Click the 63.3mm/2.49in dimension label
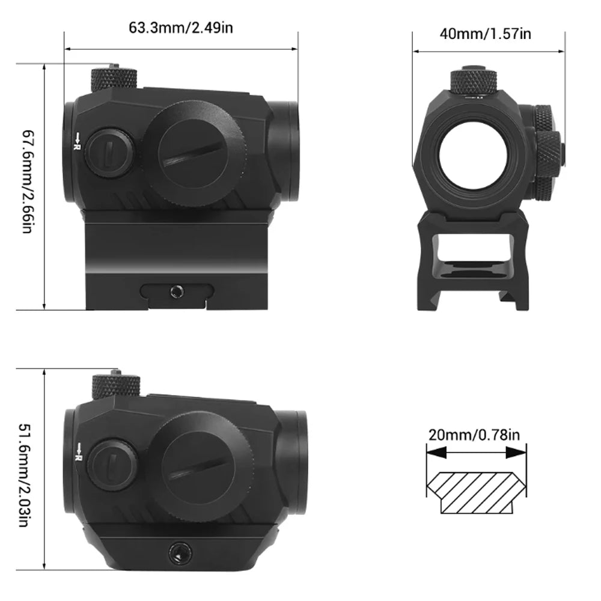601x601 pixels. pyautogui.click(x=180, y=28)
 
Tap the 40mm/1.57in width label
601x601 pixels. pyautogui.click(x=486, y=34)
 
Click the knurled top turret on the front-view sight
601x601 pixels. pyautogui.click(x=475, y=79)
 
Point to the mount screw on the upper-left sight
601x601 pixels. pyautogui.click(x=175, y=291)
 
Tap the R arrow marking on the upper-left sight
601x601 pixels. pyautogui.click(x=77, y=141)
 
